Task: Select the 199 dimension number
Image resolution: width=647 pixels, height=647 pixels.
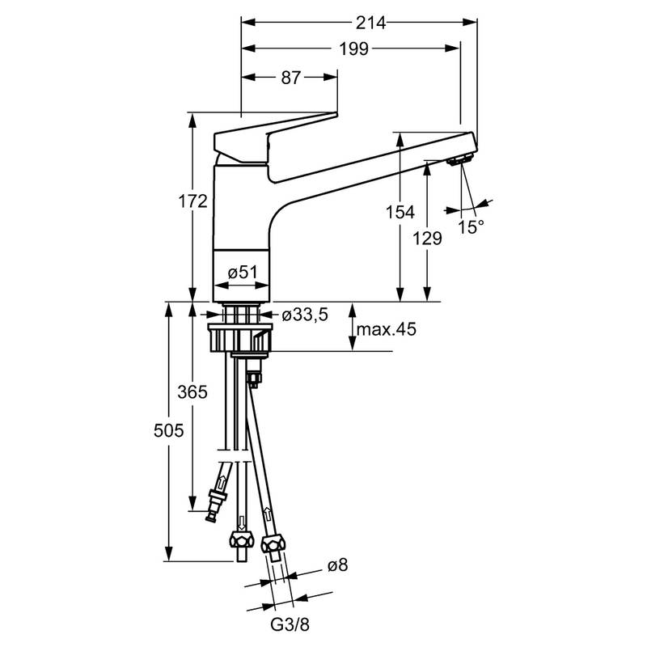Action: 353,49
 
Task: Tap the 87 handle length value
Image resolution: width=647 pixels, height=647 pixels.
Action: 291,78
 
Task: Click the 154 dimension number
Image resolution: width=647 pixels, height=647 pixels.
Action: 400,212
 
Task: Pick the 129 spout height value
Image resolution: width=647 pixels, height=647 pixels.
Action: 429,238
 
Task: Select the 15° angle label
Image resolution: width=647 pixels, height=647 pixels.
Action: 471,227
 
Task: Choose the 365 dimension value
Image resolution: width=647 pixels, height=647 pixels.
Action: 192,392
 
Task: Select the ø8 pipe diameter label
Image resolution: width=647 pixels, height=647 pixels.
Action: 337,566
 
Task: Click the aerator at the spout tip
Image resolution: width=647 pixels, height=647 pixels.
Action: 459,162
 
